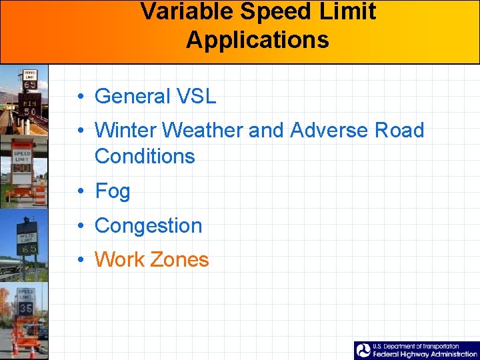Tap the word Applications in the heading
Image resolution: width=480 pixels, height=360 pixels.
pyautogui.click(x=257, y=39)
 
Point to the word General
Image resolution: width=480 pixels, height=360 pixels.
pyautogui.click(x=133, y=97)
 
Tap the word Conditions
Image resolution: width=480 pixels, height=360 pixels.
pyautogui.click(x=145, y=157)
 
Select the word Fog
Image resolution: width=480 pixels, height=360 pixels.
pyautogui.click(x=112, y=191)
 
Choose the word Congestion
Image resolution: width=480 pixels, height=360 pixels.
pyautogui.click(x=148, y=226)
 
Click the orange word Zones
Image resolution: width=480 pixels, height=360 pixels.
pyautogui.click(x=179, y=260)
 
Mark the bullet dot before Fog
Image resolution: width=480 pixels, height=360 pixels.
pyautogui.click(x=79, y=192)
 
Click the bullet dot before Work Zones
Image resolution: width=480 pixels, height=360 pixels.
pyautogui.click(x=79, y=261)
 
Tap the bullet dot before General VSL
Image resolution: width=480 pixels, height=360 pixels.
pyautogui.click(x=79, y=97)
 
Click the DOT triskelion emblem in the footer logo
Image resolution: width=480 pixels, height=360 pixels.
pyautogui.click(x=363, y=351)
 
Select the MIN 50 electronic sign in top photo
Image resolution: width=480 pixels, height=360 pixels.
pyautogui.click(x=29, y=105)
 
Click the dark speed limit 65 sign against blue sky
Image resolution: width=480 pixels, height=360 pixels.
pyautogui.click(x=27, y=243)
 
